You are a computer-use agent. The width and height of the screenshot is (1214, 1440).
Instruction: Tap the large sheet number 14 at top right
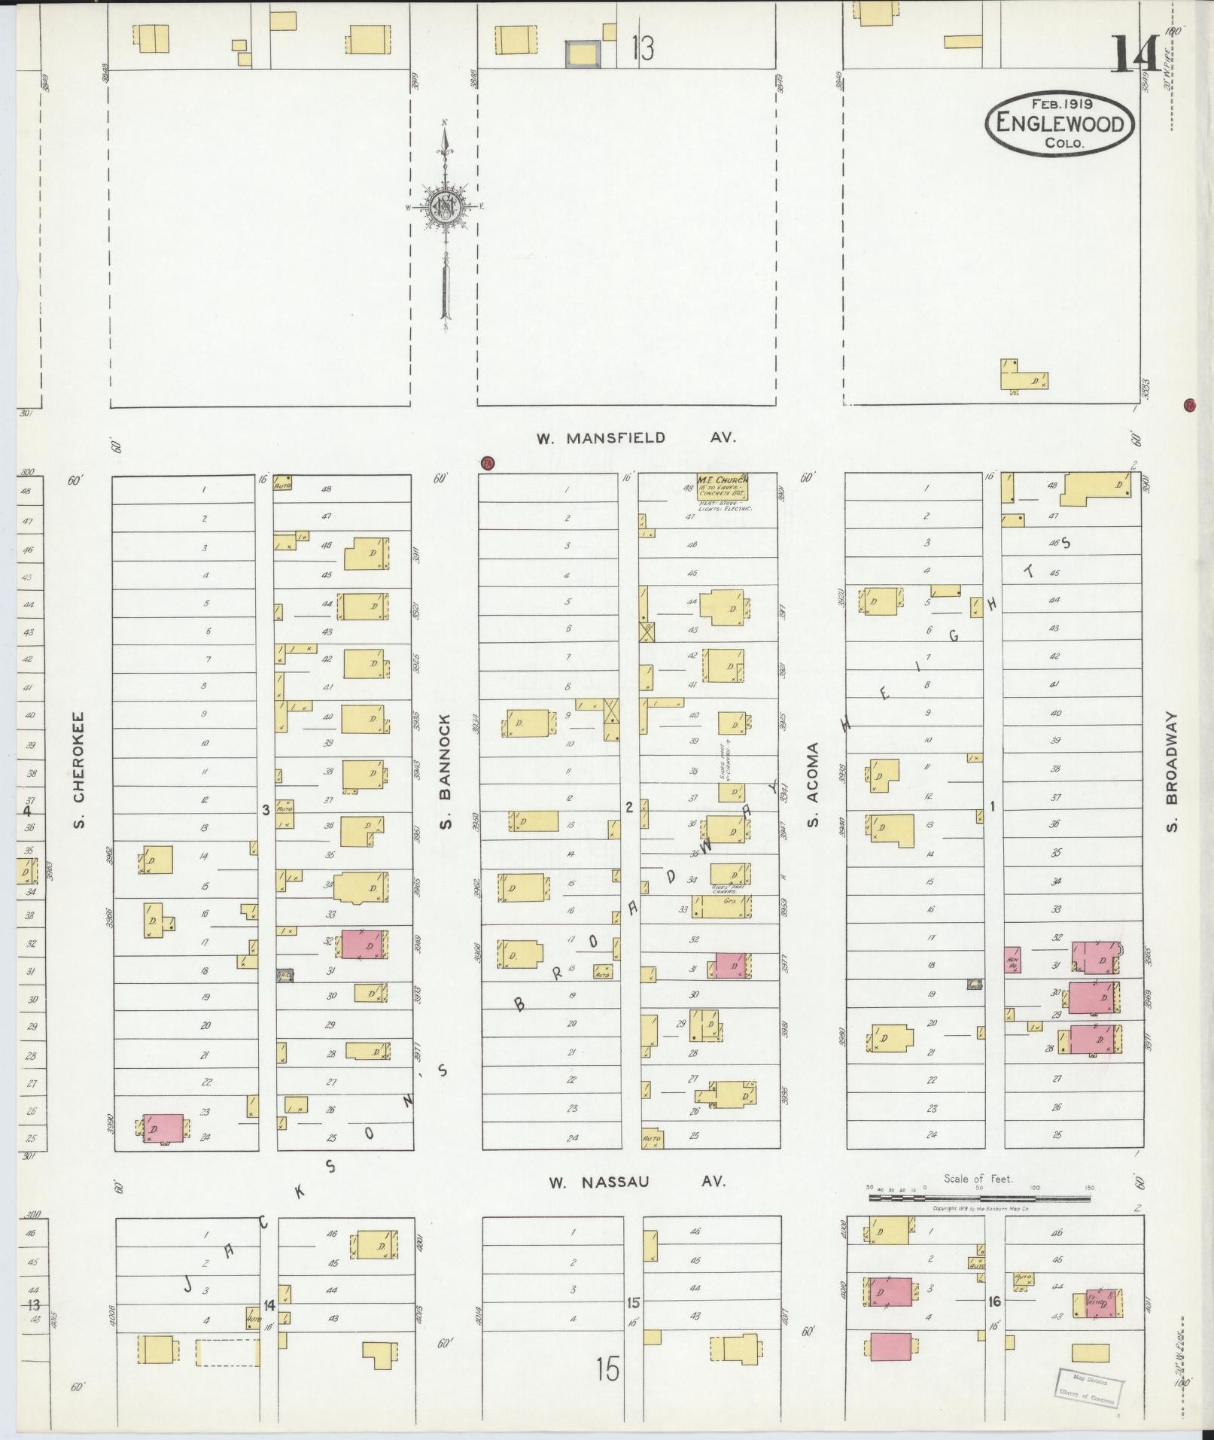click(x=1134, y=55)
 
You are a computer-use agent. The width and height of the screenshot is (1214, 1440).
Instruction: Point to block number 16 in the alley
click(x=994, y=1301)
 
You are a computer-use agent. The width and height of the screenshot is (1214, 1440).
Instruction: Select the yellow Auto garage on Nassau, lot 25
click(x=652, y=1139)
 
